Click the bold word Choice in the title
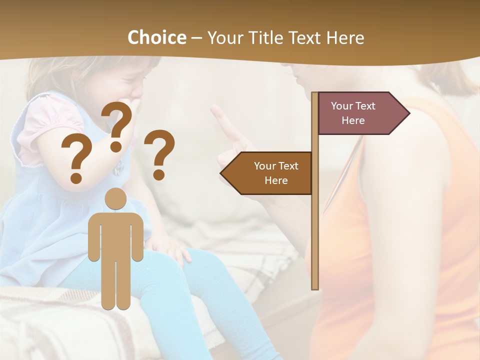point(156,37)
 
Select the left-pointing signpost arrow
point(268,173)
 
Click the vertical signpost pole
point(315,225)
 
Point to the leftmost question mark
point(76,159)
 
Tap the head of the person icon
point(115,199)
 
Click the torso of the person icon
point(115,235)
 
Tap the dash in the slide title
point(196,38)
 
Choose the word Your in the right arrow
point(342,106)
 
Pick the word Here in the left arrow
point(276,180)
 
